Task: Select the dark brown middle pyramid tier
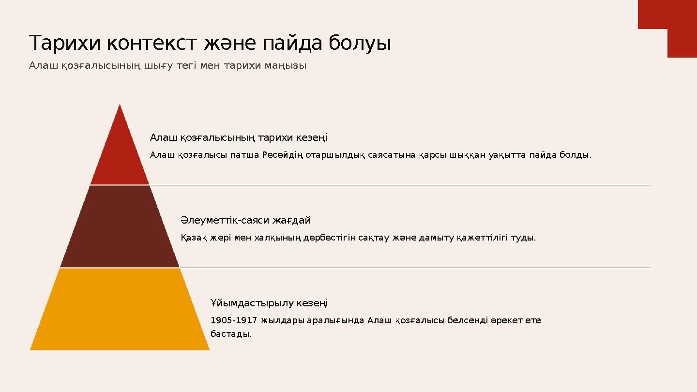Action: click(120, 227)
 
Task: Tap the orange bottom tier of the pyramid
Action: click(120, 310)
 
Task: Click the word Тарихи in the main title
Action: click(65, 44)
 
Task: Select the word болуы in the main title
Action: click(360, 44)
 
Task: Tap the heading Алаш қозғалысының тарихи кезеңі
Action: click(239, 138)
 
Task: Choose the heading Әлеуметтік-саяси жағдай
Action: click(246, 221)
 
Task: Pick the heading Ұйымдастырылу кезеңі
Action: click(269, 303)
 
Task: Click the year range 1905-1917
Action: click(234, 320)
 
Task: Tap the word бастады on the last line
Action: click(230, 334)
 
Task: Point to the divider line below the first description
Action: click(399, 185)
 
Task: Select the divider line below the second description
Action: click(414, 268)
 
